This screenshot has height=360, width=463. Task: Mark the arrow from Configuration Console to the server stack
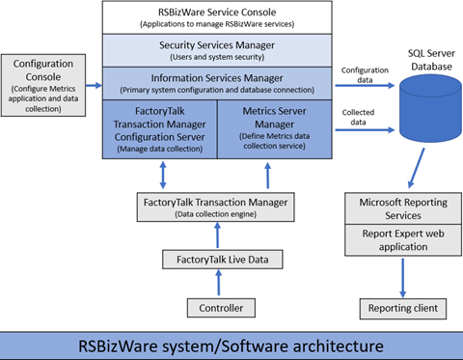click(94, 85)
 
